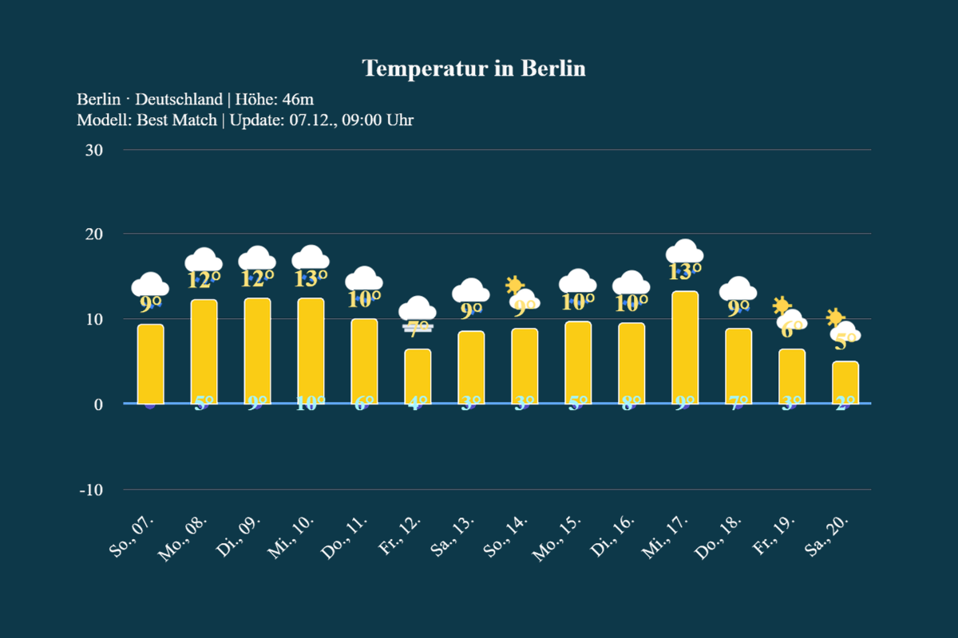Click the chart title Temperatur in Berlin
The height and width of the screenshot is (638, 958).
(x=473, y=69)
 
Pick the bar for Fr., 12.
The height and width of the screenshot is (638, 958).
(x=418, y=376)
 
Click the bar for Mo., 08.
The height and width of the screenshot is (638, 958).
(x=204, y=352)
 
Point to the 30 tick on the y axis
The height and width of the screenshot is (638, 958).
(x=93, y=150)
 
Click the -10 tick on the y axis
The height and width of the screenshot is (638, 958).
(x=90, y=490)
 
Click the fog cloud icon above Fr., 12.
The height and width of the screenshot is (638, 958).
(x=418, y=313)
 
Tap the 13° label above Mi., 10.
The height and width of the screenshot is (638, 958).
(x=311, y=278)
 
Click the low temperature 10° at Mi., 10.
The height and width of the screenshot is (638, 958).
(x=311, y=404)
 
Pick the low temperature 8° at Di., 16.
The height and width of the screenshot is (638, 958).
(x=631, y=404)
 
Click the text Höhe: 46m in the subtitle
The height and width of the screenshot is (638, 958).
(x=274, y=100)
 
